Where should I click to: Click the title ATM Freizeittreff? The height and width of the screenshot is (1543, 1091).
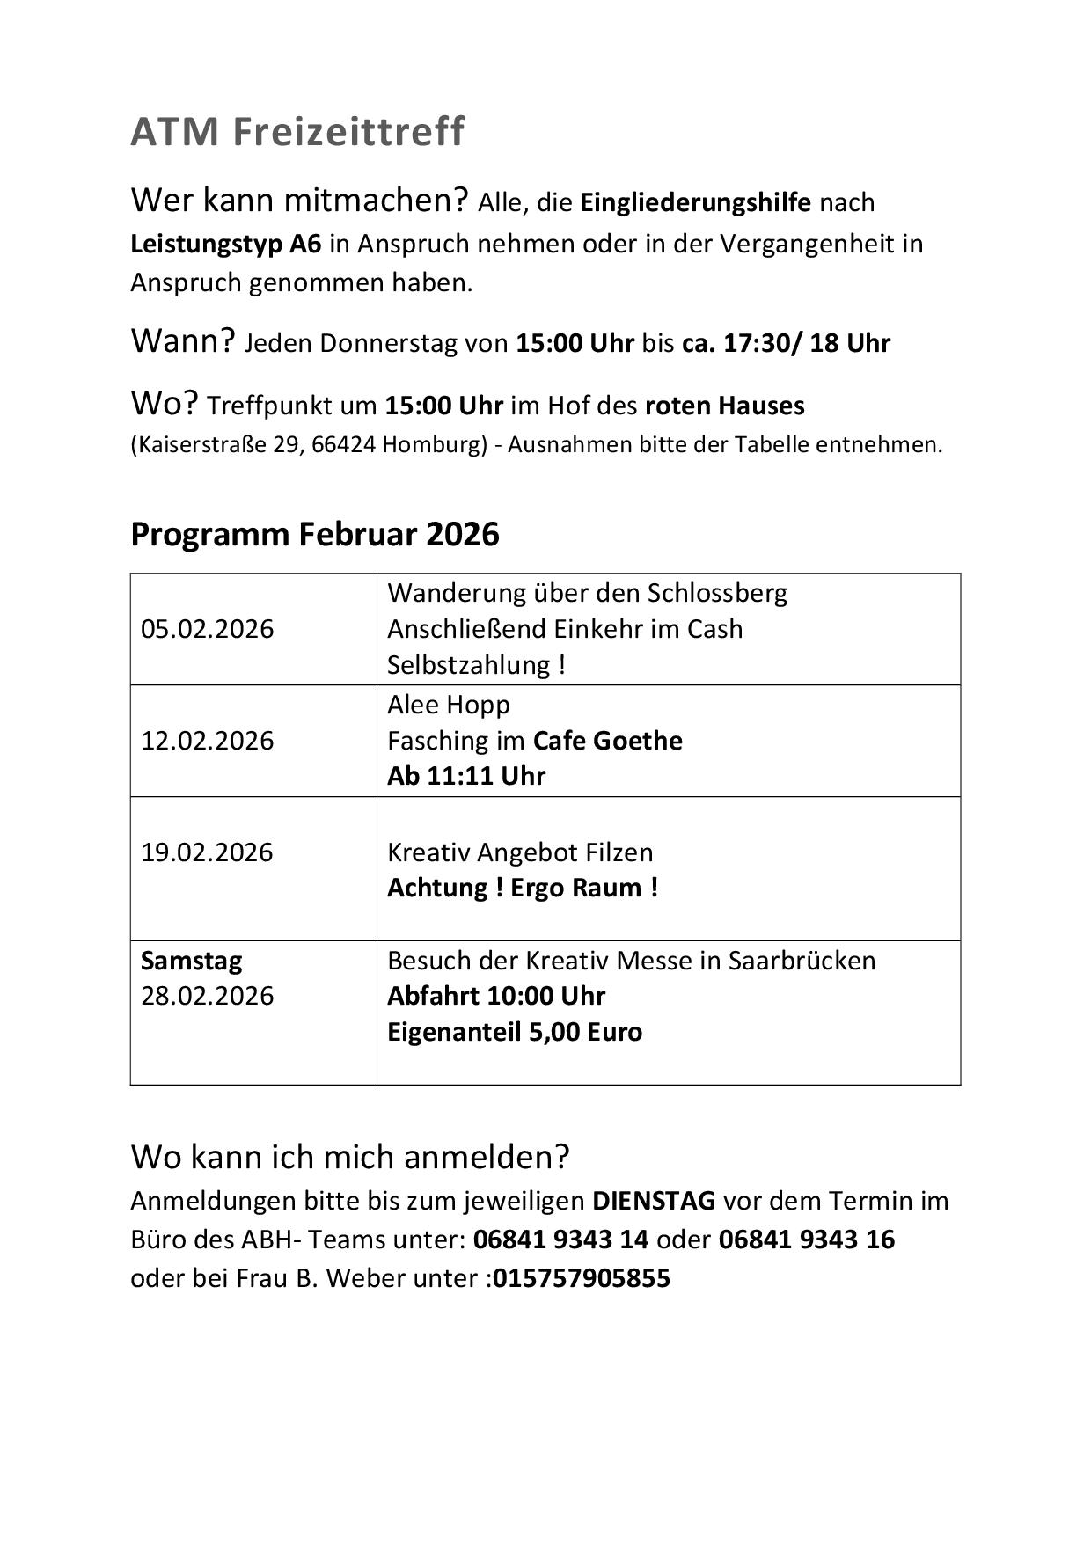[x=297, y=132]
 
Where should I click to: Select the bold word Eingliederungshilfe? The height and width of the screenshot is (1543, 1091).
[x=695, y=202]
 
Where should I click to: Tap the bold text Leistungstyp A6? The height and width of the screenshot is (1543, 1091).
[x=226, y=244]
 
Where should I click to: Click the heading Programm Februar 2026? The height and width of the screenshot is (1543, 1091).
[x=315, y=534]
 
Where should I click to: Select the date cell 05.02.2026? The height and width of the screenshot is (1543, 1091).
[x=208, y=629]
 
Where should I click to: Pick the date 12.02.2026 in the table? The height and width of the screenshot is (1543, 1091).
[x=208, y=741]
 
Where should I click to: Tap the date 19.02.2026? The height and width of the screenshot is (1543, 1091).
[x=208, y=852]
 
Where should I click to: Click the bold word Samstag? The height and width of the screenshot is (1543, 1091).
[x=191, y=961]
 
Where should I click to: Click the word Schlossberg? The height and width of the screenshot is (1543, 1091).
[x=717, y=593]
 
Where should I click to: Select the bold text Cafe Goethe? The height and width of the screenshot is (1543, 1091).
[x=608, y=741]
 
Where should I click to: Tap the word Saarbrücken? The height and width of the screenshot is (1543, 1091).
[x=802, y=961]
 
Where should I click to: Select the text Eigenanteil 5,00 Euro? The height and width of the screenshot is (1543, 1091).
[x=515, y=1032]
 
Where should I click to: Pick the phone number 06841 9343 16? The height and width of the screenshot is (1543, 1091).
[x=806, y=1240]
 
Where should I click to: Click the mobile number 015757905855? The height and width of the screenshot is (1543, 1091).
[x=582, y=1278]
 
